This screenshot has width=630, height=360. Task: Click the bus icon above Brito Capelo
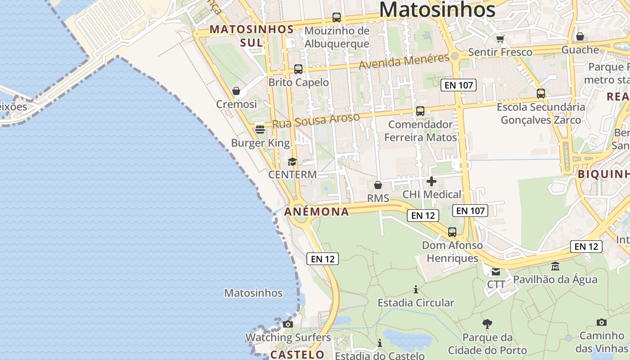(x=298, y=69)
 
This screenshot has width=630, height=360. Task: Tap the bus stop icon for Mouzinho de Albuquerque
(x=336, y=18)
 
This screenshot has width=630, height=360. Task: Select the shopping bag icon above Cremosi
(x=236, y=91)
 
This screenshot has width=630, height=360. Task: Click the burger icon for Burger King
(x=260, y=130)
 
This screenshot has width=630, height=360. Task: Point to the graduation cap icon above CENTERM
(x=292, y=162)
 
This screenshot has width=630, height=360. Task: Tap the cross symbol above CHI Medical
(x=431, y=181)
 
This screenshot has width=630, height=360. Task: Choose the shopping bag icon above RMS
(x=378, y=185)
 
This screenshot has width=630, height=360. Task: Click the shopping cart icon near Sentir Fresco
(x=500, y=39)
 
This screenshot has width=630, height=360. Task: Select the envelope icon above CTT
(x=495, y=271)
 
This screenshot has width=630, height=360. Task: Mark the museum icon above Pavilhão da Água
(x=555, y=266)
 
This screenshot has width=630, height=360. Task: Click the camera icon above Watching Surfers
(x=288, y=324)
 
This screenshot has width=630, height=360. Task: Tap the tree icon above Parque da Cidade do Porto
(x=487, y=324)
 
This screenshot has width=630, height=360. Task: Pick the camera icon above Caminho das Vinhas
(x=601, y=322)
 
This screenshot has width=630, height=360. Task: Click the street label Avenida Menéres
(x=404, y=62)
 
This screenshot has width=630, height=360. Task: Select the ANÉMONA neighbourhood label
(x=317, y=211)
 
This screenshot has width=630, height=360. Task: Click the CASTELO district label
(x=297, y=355)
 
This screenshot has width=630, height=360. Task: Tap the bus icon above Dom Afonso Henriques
(x=452, y=232)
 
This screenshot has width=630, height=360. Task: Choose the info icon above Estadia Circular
(x=416, y=289)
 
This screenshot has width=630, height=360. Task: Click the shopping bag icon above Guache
(x=580, y=36)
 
